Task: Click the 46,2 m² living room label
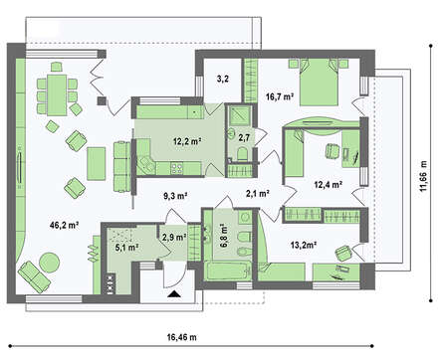coord(64,226)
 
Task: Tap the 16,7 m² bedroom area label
coord(280,96)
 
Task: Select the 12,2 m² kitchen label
coord(187,141)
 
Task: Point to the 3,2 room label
coord(222,79)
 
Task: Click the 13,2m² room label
coord(304,245)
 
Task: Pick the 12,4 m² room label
coord(328,184)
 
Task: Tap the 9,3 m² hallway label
coord(175,196)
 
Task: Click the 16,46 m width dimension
coord(181,337)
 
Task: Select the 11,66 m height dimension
coord(423,176)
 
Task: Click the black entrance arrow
coord(174,293)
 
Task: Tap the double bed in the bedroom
coord(319,83)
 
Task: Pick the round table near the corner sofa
coord(50,263)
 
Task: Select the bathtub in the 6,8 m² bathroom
coord(227,270)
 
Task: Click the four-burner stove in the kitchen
coord(176,168)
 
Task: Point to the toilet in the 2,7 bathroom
coord(242,155)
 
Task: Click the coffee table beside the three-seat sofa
coord(97,164)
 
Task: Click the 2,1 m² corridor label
coord(258,193)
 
